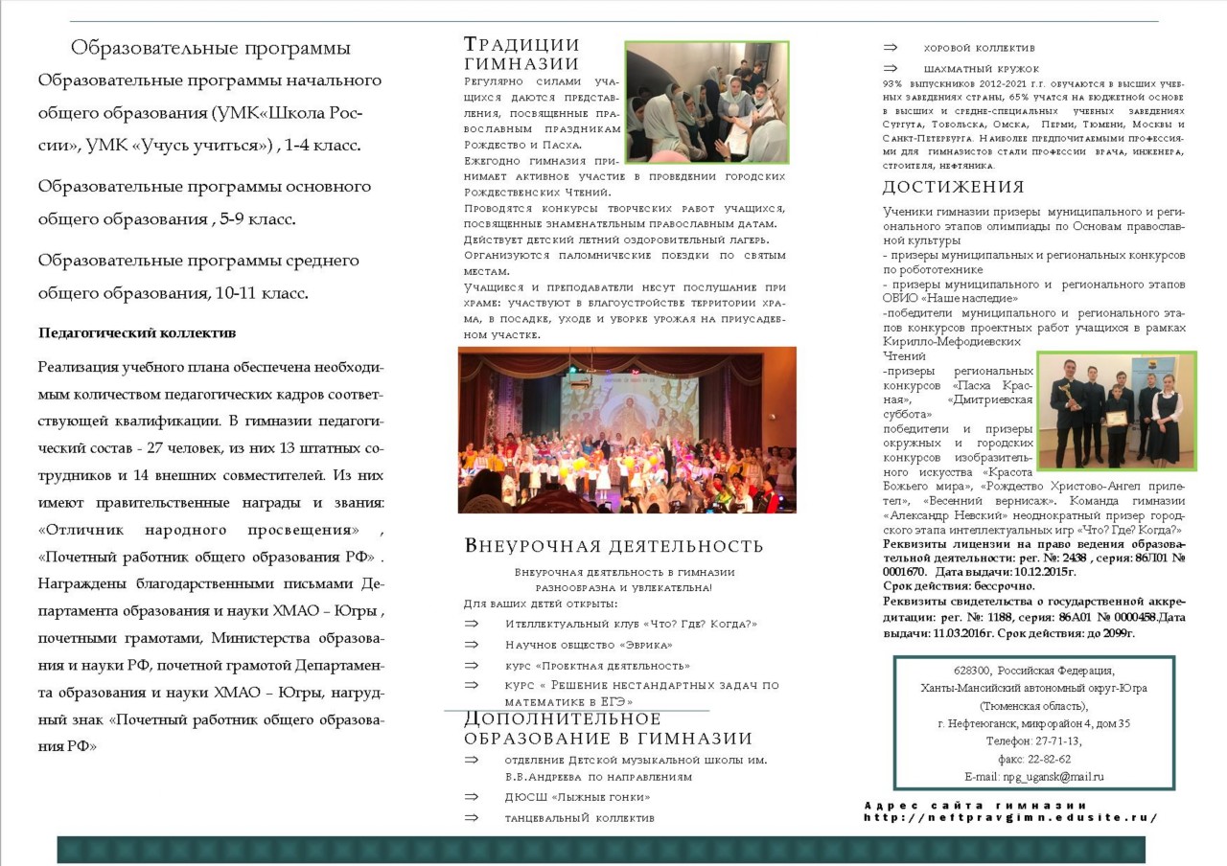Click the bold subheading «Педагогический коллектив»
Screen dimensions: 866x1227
(x=137, y=333)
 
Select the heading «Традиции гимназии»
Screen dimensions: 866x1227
(x=521, y=54)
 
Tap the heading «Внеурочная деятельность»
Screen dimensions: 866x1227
(x=613, y=546)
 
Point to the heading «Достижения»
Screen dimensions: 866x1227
(x=953, y=187)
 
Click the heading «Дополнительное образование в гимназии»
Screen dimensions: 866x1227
(x=608, y=728)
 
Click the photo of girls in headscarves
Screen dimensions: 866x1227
(x=706, y=103)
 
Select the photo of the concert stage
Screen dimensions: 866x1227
(x=627, y=429)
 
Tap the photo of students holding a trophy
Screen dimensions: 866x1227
(x=1116, y=410)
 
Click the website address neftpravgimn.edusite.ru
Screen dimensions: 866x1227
(x=1010, y=818)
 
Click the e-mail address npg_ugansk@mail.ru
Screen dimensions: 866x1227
(x=1053, y=777)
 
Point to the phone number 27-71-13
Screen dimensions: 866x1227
(x=1054, y=741)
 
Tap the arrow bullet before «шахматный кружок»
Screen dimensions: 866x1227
(x=891, y=69)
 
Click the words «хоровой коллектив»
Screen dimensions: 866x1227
(x=979, y=48)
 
